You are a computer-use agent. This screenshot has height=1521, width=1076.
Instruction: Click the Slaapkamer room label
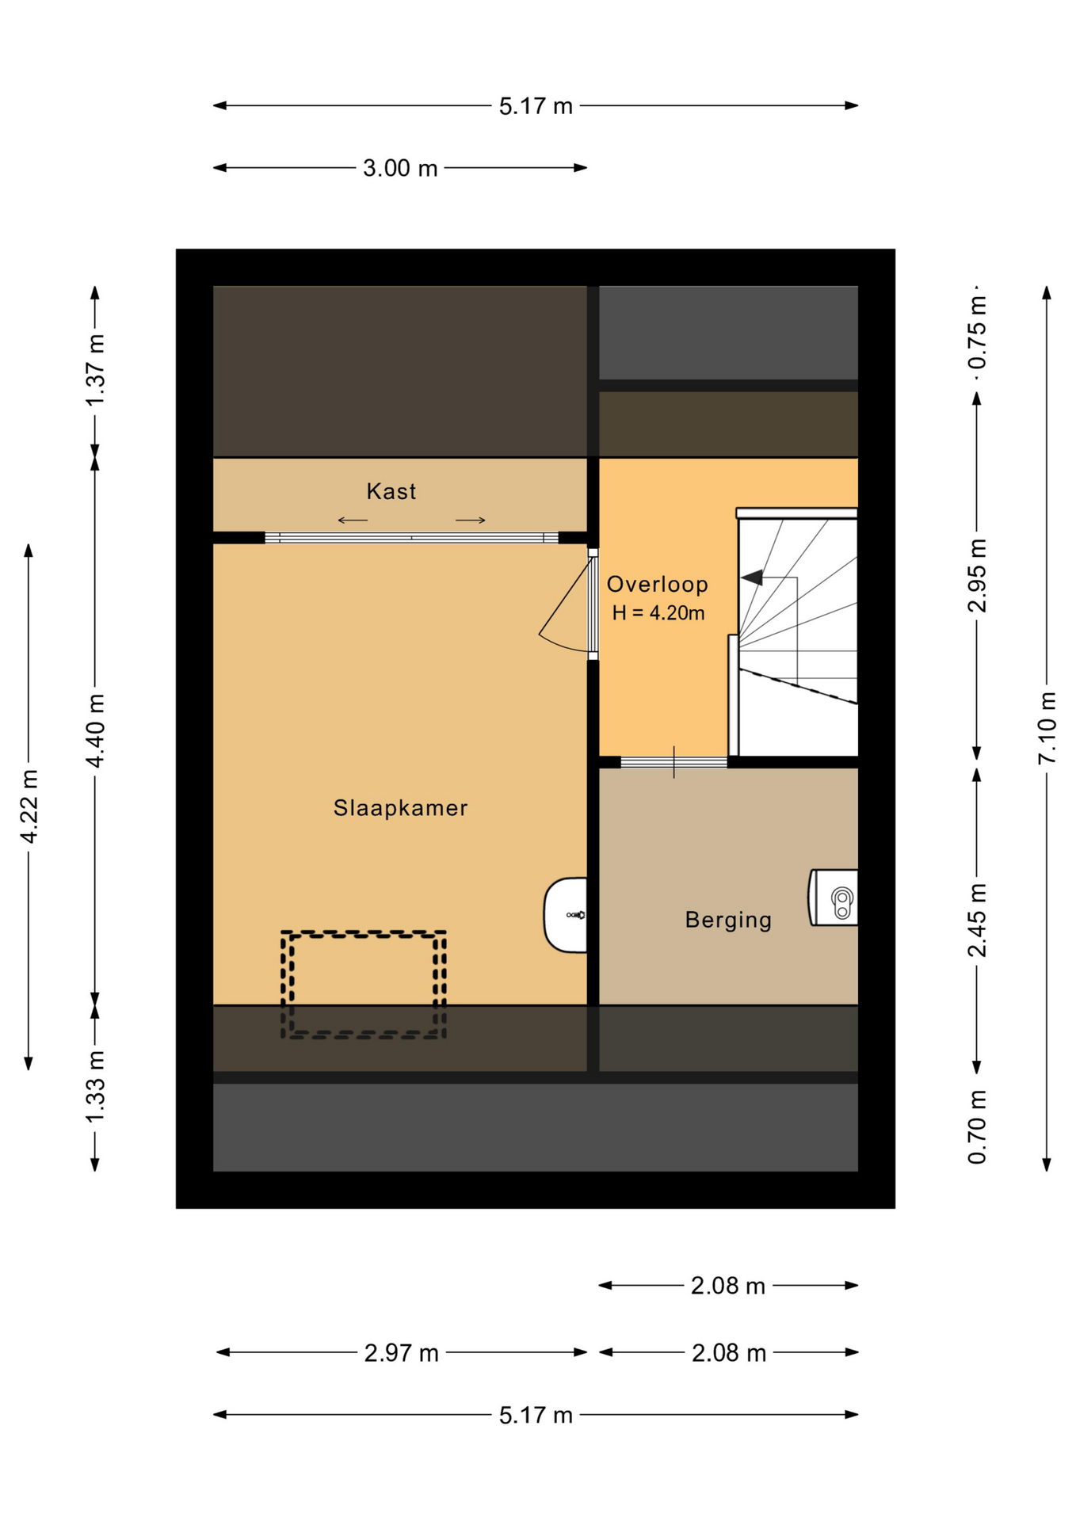(400, 808)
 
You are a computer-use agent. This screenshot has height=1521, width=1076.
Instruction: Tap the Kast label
(391, 491)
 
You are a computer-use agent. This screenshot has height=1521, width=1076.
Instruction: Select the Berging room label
(728, 920)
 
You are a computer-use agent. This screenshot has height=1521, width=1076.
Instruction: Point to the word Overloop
(657, 585)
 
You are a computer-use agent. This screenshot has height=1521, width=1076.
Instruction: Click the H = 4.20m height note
(658, 613)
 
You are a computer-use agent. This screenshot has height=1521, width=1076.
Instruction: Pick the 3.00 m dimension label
(400, 168)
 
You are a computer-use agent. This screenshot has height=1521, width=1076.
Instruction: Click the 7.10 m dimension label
(1047, 728)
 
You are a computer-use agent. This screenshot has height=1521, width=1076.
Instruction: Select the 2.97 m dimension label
(402, 1353)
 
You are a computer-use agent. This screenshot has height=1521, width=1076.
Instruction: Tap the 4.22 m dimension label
(29, 806)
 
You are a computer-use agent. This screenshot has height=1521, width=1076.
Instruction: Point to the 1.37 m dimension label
(95, 371)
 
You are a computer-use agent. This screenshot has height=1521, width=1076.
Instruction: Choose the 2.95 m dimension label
(977, 576)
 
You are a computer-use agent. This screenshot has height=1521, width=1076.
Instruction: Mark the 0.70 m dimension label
(977, 1127)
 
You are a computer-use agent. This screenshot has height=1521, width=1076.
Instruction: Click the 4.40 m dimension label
(95, 730)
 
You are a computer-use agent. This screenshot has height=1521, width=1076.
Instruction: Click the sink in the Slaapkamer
(565, 915)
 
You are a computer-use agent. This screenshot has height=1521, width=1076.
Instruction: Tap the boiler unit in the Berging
(833, 898)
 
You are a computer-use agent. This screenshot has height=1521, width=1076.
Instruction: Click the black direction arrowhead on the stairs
(752, 578)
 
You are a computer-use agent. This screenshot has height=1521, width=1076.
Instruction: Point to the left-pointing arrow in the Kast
(353, 520)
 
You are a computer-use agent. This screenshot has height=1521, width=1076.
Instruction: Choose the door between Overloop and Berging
(673, 762)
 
